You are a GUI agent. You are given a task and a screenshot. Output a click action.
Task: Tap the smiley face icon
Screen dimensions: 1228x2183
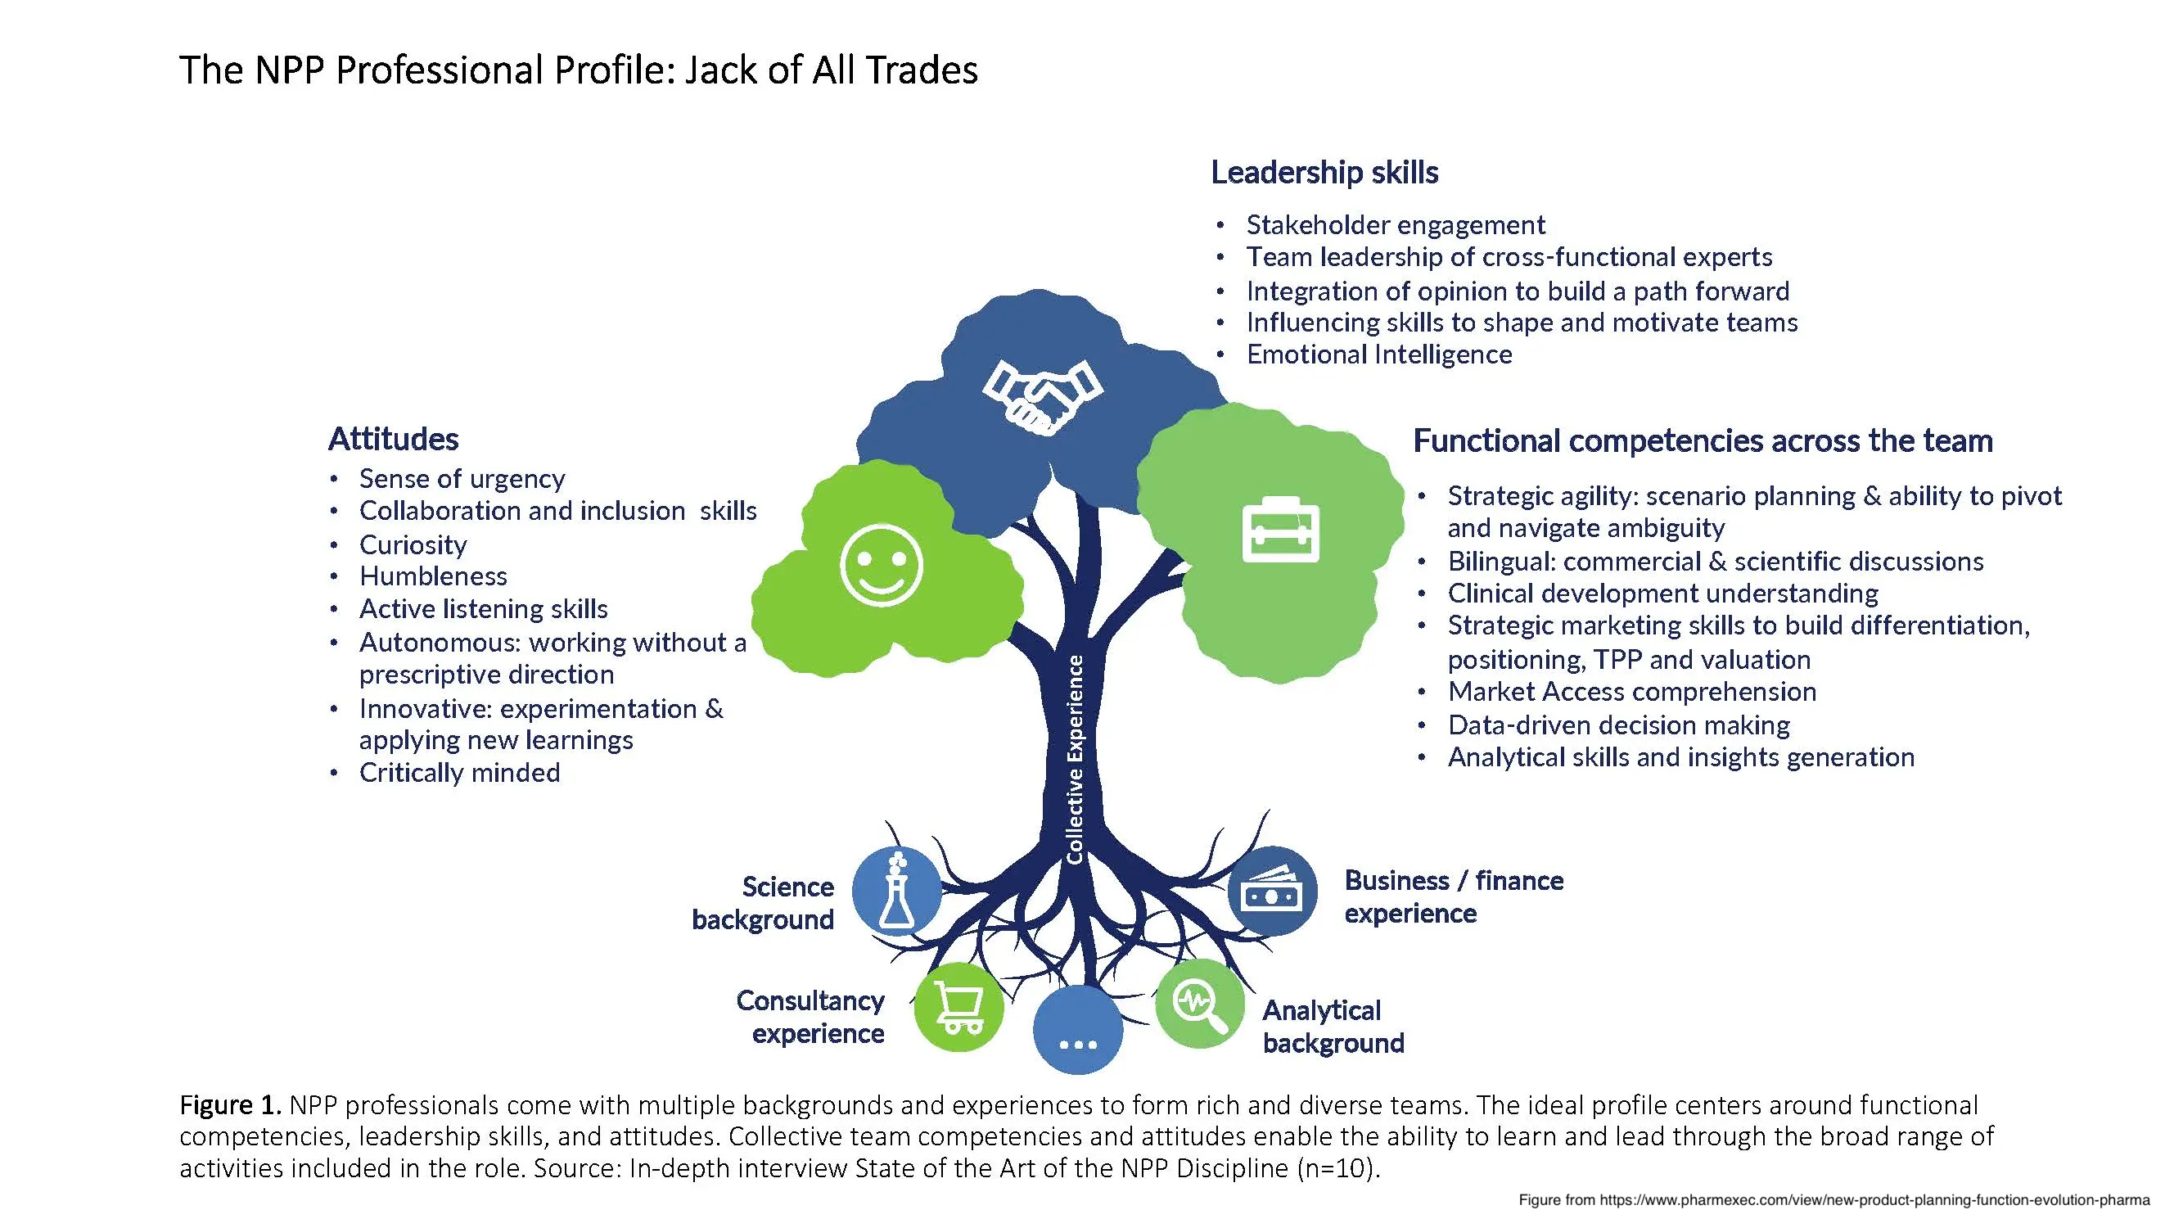(x=881, y=565)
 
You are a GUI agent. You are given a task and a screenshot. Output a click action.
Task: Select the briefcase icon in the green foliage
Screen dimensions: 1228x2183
(x=1279, y=530)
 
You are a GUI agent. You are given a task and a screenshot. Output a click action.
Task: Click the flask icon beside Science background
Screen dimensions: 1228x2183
(x=896, y=891)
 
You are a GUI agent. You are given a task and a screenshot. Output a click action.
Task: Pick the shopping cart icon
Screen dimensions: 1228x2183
(x=958, y=1007)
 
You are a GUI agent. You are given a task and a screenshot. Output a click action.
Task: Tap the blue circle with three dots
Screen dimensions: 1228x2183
(x=1078, y=1031)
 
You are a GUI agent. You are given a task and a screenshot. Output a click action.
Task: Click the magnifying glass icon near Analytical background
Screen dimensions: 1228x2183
(x=1200, y=1004)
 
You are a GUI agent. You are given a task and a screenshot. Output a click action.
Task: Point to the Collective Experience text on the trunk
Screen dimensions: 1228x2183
(x=1075, y=759)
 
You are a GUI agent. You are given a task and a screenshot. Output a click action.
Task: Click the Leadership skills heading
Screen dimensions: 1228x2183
(x=1324, y=172)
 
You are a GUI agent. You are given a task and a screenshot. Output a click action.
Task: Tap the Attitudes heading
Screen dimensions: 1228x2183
(x=393, y=439)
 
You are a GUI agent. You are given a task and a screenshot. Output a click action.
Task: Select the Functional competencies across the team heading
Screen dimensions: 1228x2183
(x=1703, y=440)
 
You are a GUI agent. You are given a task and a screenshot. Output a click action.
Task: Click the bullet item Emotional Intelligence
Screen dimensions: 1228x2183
(x=1378, y=354)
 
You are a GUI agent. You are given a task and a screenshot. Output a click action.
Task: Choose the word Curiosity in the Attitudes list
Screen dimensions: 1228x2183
(x=413, y=544)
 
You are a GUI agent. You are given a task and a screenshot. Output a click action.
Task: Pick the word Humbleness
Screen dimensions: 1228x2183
(x=433, y=576)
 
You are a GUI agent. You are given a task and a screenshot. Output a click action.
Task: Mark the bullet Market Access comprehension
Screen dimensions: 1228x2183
(x=1631, y=692)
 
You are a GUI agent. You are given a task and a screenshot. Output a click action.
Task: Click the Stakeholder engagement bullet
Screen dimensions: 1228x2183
(x=1396, y=224)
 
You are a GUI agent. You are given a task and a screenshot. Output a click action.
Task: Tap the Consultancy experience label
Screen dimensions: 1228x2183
(x=810, y=1017)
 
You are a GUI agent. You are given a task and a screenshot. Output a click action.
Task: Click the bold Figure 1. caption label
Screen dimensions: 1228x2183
(x=230, y=1105)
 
